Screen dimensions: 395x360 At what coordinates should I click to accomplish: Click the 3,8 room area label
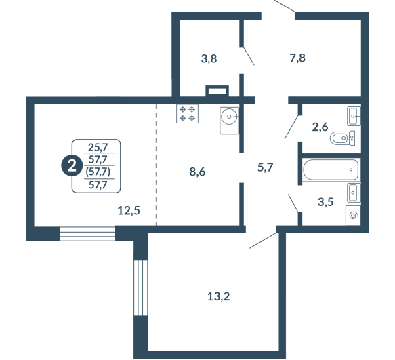pyautogui.click(x=209, y=59)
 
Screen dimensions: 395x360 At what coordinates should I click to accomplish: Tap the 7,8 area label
pyautogui.click(x=297, y=58)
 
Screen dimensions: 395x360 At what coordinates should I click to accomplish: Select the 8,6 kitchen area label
pyautogui.click(x=197, y=172)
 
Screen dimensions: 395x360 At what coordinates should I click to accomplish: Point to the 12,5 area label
pyautogui.click(x=129, y=210)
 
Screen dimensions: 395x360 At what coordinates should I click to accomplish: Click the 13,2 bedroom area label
pyautogui.click(x=219, y=296)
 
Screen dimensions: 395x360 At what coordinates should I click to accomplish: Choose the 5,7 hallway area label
pyautogui.click(x=266, y=167)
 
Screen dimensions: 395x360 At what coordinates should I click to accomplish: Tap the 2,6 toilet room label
pyautogui.click(x=320, y=127)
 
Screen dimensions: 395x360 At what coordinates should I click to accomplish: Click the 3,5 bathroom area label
pyautogui.click(x=326, y=201)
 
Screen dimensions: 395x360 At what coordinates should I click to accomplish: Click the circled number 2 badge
pyautogui.click(x=72, y=166)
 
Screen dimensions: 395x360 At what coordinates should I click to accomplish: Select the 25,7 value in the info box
pyautogui.click(x=98, y=147)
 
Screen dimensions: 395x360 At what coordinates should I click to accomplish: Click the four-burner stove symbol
pyautogui.click(x=188, y=114)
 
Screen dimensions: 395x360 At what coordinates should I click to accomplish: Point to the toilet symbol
pyautogui.click(x=342, y=138)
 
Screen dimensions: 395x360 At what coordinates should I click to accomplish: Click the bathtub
pyautogui.click(x=331, y=169)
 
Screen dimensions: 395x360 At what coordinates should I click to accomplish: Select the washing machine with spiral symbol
pyautogui.click(x=353, y=216)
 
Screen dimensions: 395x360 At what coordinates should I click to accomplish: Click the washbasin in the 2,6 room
pyautogui.click(x=354, y=116)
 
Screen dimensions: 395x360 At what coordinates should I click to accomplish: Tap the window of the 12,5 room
pyautogui.click(x=87, y=234)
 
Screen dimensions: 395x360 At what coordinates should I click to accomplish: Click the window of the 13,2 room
pyautogui.click(x=140, y=287)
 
